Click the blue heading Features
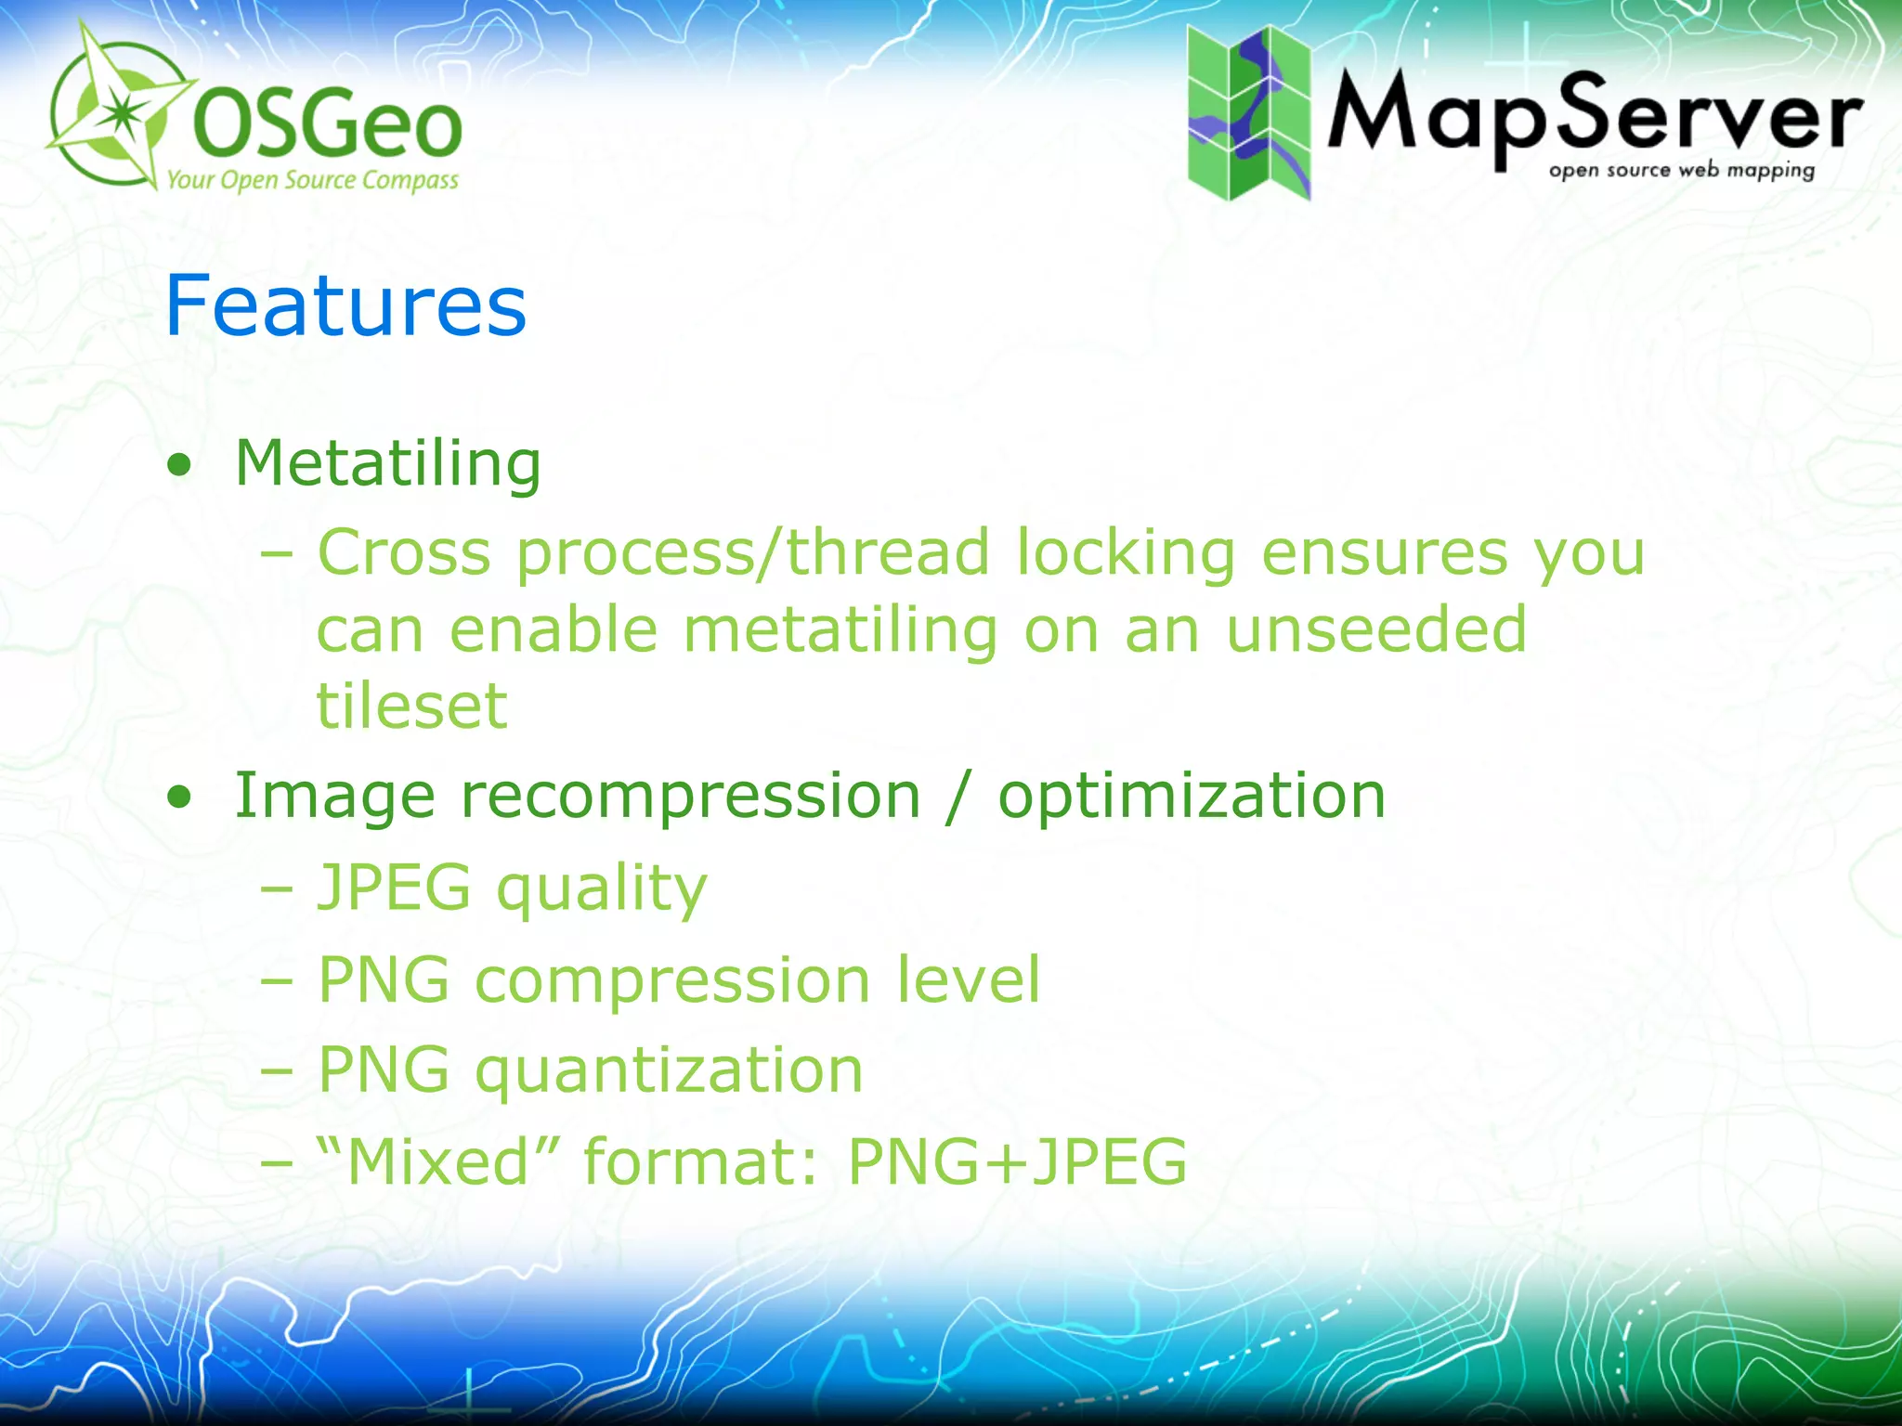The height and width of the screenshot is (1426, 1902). coord(345,306)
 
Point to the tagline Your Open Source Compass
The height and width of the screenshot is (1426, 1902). coord(312,179)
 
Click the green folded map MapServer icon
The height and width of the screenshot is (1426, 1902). coord(1248,113)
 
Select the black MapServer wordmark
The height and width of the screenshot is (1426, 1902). coord(1594,117)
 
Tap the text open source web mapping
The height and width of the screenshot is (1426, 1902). coord(1681,171)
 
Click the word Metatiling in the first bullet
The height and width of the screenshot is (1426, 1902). coord(388,463)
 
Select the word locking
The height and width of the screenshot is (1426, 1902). coord(1125,553)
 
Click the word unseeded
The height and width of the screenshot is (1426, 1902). coord(1376,630)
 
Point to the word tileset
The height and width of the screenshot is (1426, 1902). coord(412,707)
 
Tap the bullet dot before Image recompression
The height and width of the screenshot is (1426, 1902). coord(180,797)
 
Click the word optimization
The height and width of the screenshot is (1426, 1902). coord(1192,797)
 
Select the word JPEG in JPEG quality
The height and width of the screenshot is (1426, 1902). coord(395,887)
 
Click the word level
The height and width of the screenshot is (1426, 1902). coord(969,979)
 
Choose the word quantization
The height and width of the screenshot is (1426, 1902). coord(669,1070)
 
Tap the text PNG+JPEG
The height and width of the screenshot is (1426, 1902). coord(1017,1161)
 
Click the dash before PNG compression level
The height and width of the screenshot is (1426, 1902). coord(277,979)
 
